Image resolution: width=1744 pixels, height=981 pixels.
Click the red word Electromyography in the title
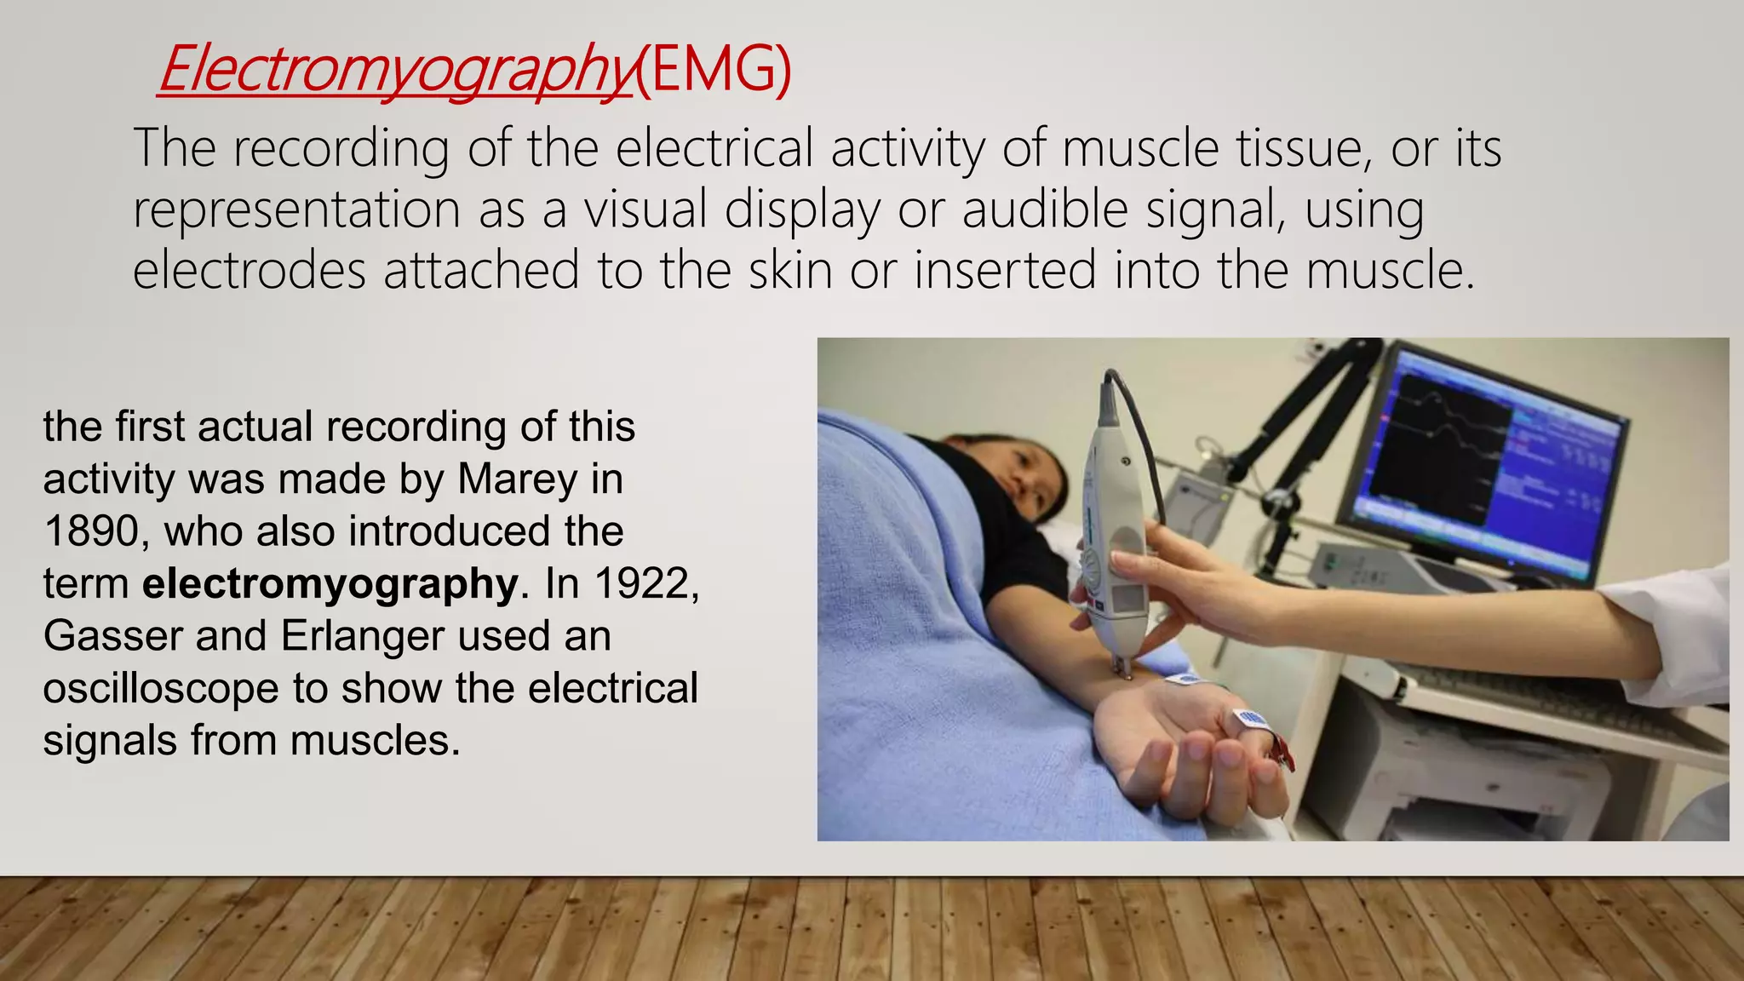pos(396,70)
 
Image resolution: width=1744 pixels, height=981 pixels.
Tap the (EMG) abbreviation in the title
pos(714,70)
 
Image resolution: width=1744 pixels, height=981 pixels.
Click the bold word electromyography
pos(330,584)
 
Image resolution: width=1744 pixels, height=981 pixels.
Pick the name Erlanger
pos(362,636)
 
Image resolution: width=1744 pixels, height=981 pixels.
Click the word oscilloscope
pos(161,689)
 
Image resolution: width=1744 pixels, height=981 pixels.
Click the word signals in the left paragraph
pos(110,741)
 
